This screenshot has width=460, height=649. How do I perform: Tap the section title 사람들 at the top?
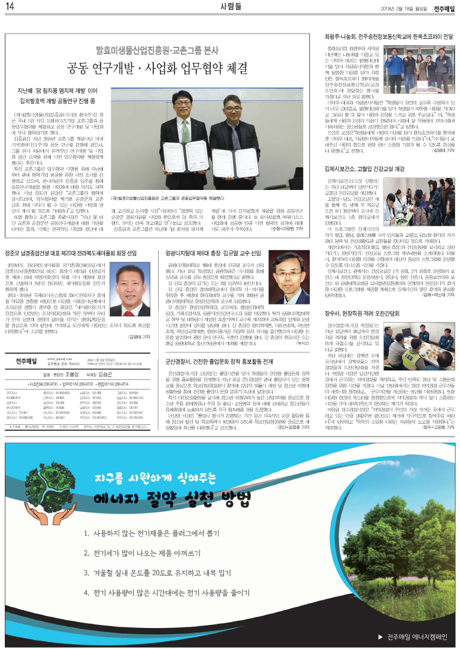[230, 8]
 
